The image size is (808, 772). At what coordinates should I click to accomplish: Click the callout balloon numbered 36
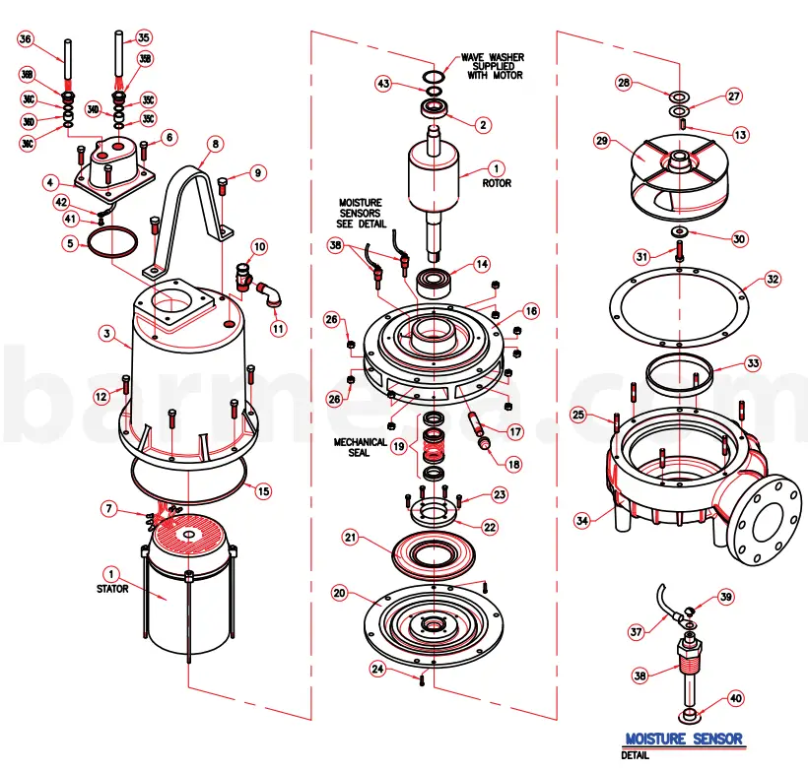[x=26, y=39]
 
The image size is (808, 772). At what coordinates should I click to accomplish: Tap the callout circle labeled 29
[x=600, y=142]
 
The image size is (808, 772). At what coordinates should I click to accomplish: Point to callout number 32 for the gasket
[x=773, y=279]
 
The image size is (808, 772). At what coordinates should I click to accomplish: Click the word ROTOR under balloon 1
[x=496, y=183]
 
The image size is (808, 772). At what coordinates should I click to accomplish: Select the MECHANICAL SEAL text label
[x=359, y=448]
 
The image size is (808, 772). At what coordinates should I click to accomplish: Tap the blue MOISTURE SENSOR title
[x=684, y=739]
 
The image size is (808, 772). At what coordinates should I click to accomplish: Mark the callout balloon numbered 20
[x=338, y=594]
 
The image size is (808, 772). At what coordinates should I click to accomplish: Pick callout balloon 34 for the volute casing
[x=583, y=519]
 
